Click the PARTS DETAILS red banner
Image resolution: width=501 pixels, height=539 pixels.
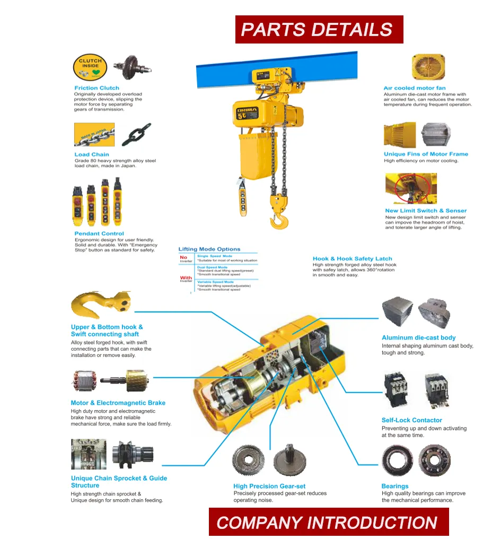(319, 29)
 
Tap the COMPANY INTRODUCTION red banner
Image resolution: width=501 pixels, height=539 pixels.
(328, 522)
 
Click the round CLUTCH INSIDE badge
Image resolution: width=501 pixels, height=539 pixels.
(90, 66)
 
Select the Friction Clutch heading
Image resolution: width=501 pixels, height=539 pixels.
(96, 88)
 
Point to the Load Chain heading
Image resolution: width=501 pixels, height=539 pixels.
(91, 154)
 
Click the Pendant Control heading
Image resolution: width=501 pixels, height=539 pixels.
(99, 233)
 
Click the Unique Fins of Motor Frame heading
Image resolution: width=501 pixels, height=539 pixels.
(426, 154)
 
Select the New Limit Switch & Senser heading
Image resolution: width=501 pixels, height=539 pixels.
(426, 211)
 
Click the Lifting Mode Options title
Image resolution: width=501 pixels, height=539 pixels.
(209, 249)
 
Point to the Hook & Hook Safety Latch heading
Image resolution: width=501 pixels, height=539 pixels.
(352, 259)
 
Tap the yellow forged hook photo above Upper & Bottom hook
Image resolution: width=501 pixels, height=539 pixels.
(101, 305)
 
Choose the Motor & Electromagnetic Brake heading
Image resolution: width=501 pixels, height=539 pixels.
(118, 403)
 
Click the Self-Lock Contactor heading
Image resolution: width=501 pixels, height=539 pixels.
(411, 420)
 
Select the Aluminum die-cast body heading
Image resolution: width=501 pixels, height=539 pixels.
(418, 337)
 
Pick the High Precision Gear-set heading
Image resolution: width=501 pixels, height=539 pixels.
(269, 486)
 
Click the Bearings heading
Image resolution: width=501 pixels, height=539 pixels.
(395, 486)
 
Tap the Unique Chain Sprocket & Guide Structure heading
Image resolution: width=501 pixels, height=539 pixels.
(119, 482)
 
